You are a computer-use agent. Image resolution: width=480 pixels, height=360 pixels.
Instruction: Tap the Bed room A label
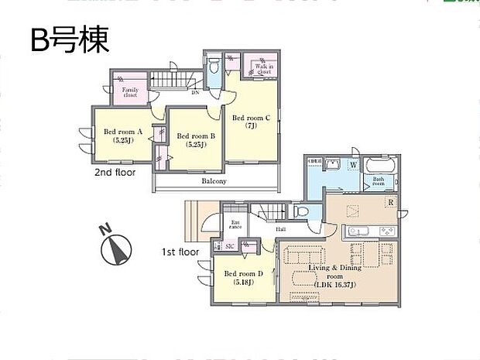click(x=123, y=136)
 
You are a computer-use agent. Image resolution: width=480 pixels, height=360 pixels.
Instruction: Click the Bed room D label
click(x=243, y=276)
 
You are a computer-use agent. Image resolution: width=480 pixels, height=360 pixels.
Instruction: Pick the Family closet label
click(x=130, y=94)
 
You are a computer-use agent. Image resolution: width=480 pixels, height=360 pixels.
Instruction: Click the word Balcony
click(x=214, y=181)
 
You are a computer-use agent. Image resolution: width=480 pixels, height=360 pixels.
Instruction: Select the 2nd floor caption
click(x=115, y=172)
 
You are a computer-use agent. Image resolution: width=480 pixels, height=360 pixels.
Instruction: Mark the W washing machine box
click(x=353, y=165)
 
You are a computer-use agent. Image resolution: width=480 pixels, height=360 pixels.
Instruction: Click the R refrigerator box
click(x=392, y=203)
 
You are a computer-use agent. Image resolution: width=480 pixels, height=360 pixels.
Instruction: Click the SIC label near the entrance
click(x=230, y=246)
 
